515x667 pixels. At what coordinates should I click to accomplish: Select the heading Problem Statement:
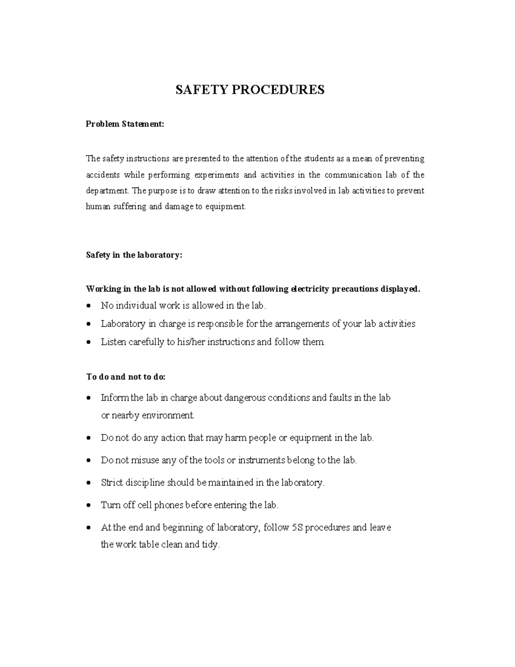point(125,124)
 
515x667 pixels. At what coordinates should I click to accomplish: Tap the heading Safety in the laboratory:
point(134,255)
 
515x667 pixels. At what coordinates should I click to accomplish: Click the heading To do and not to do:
point(126,377)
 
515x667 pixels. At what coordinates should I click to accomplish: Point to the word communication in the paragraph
point(353,175)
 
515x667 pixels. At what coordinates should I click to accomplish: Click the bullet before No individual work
point(88,306)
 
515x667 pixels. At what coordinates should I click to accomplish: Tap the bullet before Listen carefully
point(88,343)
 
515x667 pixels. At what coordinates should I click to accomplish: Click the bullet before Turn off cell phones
point(88,506)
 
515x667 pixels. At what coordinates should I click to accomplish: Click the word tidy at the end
point(210,545)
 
